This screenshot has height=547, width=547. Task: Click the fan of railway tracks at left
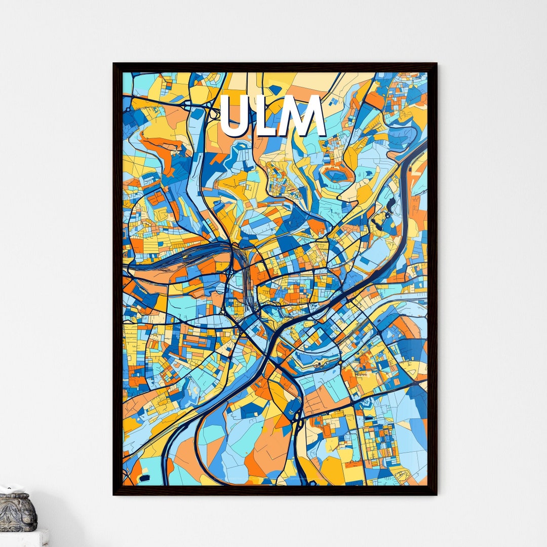(177, 258)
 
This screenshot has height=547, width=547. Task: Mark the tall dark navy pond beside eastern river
(390, 205)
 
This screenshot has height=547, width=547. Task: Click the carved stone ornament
(18, 513)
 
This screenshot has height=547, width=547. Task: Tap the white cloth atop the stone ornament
(10, 489)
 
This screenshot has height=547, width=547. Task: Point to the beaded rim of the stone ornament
(18, 499)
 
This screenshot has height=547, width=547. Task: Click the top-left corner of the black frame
(115, 65)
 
